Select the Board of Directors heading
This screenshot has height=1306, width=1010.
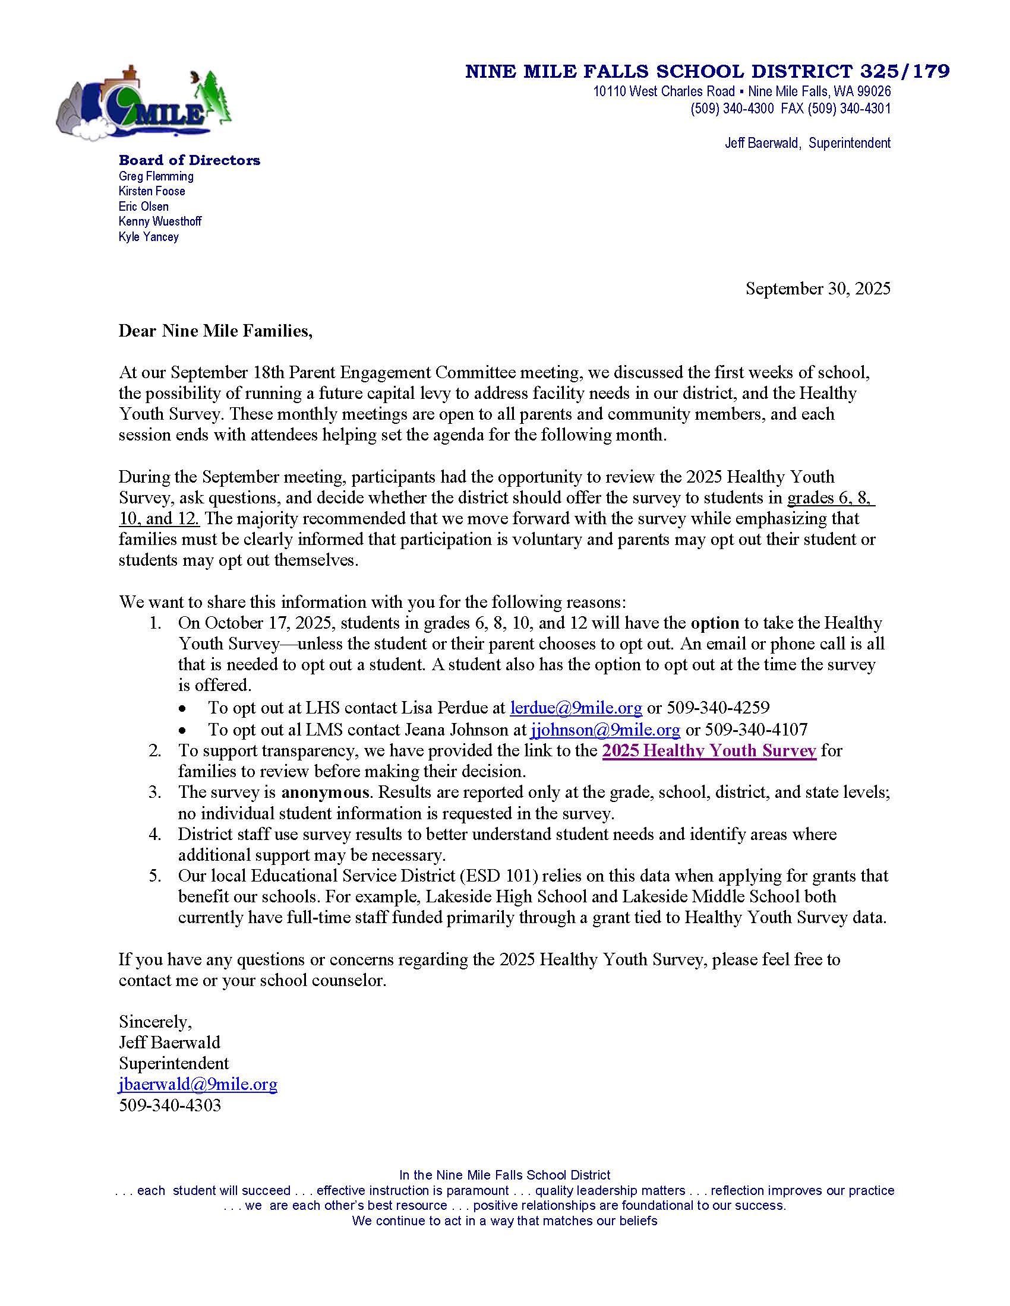[189, 160]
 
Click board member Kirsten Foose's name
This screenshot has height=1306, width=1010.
[152, 191]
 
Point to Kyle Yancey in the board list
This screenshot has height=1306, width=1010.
[149, 237]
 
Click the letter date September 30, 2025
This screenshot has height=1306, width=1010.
[818, 289]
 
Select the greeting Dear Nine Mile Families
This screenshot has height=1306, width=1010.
[216, 331]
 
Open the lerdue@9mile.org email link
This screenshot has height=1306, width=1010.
[576, 708]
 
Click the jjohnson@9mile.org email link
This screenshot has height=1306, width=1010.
[605, 730]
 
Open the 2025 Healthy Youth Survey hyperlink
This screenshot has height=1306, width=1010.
[709, 750]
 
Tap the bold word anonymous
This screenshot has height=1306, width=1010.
[325, 793]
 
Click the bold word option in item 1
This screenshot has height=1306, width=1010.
[715, 623]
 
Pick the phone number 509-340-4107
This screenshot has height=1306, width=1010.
[756, 730]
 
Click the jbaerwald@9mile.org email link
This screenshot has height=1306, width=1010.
[198, 1084]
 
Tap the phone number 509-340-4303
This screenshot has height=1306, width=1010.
[170, 1105]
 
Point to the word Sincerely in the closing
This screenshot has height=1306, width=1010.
[155, 1022]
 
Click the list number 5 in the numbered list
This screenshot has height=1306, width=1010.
[154, 876]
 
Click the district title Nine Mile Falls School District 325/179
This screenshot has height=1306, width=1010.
[707, 72]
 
